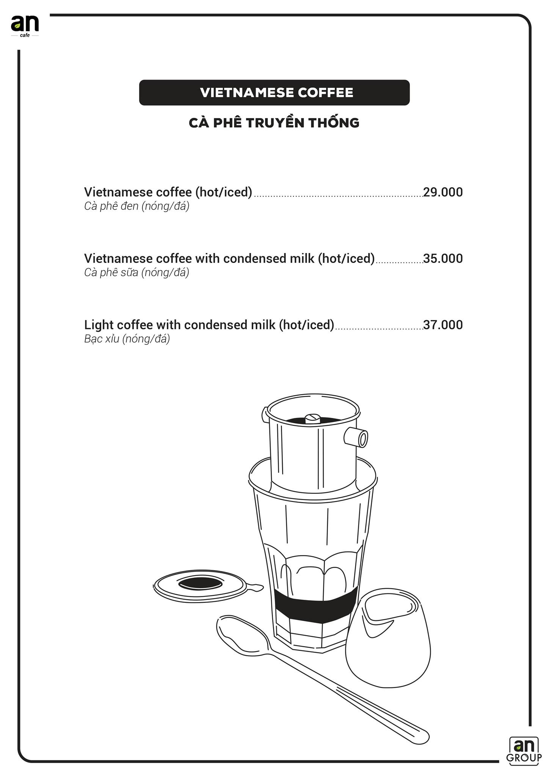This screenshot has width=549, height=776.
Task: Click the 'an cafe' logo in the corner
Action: pyautogui.click(x=25, y=26)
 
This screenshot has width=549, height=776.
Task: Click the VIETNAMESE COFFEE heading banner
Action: pyautogui.click(x=274, y=92)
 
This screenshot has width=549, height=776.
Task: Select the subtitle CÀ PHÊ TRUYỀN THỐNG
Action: pyautogui.click(x=274, y=123)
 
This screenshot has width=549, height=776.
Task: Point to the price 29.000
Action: pyautogui.click(x=443, y=192)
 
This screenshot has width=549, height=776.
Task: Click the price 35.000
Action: pyautogui.click(x=443, y=258)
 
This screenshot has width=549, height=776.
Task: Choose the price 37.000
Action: pyautogui.click(x=443, y=325)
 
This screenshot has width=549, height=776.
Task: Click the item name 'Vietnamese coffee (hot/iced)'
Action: pyautogui.click(x=168, y=192)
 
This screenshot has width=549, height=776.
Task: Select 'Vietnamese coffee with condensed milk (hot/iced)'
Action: pyautogui.click(x=229, y=258)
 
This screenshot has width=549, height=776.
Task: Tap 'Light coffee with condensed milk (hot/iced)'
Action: pyautogui.click(x=209, y=325)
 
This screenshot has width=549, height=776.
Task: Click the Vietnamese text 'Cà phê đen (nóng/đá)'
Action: pyautogui.click(x=136, y=206)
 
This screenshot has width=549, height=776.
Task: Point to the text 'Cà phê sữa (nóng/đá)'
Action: pyautogui.click(x=136, y=272)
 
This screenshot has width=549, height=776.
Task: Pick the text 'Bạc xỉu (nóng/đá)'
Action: pyautogui.click(x=127, y=339)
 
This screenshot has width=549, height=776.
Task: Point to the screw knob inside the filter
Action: pyautogui.click(x=313, y=418)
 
